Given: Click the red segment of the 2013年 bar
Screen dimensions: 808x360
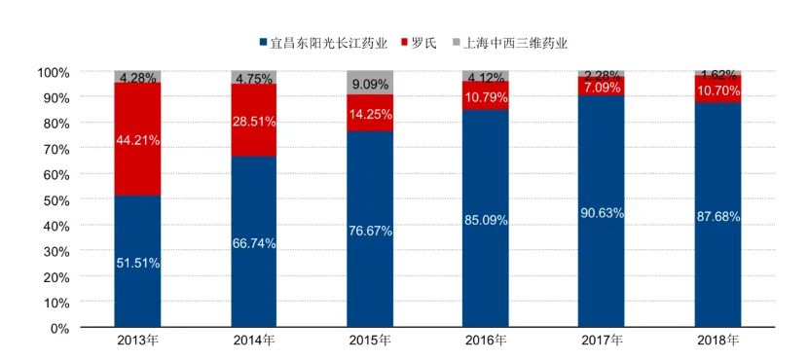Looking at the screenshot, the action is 137,139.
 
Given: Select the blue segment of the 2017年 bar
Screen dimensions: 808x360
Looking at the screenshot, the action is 601,211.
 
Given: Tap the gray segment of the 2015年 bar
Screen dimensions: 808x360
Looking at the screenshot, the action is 370,83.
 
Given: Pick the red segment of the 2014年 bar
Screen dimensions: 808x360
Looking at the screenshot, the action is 254,120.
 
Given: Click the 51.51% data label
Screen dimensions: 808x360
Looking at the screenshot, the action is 137,263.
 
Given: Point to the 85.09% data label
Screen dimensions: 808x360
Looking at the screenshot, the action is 486,221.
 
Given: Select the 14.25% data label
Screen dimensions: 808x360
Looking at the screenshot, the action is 370,115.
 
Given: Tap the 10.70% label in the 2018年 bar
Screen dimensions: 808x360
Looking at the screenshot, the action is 717,91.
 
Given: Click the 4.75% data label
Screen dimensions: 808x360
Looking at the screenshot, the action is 254,80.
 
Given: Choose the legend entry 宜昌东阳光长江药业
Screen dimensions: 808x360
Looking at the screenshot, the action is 323,43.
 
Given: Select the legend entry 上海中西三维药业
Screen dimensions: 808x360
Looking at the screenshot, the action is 510,43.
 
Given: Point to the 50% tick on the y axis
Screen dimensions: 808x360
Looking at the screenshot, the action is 55,199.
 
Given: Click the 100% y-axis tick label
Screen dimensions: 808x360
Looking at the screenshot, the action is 53,72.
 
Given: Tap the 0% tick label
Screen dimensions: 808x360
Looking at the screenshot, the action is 57,328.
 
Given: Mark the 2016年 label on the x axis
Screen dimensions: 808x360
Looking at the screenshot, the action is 486,341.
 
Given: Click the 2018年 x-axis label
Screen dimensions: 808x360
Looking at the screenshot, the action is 717,341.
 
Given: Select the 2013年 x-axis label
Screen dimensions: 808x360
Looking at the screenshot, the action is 137,341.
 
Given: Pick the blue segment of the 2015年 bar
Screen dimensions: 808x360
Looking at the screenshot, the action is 370,230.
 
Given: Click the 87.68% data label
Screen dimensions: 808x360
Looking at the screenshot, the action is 717,217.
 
